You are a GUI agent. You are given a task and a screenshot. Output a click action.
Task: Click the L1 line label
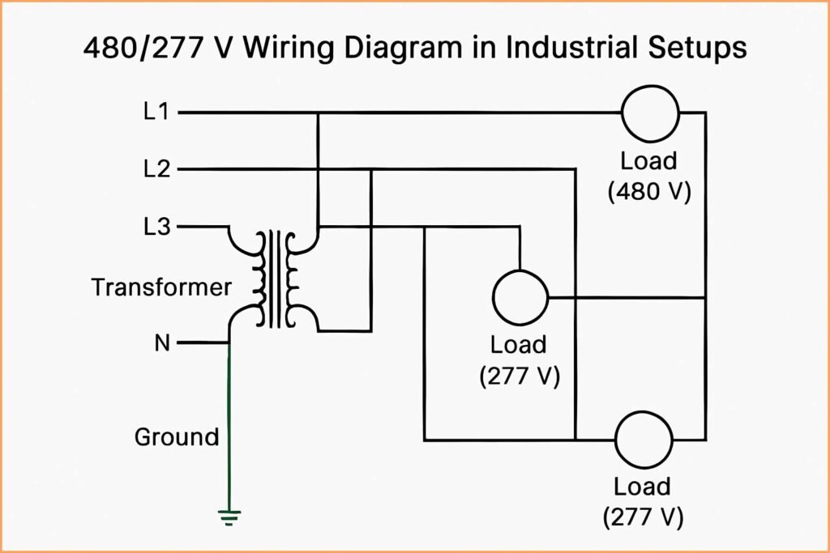156,113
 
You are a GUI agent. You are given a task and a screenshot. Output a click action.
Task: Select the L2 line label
156,169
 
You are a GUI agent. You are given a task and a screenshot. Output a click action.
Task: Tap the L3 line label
156,227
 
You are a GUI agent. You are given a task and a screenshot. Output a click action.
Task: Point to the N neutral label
161,343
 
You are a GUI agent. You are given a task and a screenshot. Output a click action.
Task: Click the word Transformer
161,287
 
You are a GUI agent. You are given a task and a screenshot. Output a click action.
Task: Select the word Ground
177,437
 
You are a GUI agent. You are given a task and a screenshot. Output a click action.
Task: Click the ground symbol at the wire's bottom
229,515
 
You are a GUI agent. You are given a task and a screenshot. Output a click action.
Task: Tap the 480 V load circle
650,113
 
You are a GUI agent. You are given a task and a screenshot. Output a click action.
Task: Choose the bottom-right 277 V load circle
644,440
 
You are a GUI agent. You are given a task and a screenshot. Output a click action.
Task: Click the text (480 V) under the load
648,193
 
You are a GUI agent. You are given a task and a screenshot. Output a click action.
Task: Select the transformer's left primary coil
259,279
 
